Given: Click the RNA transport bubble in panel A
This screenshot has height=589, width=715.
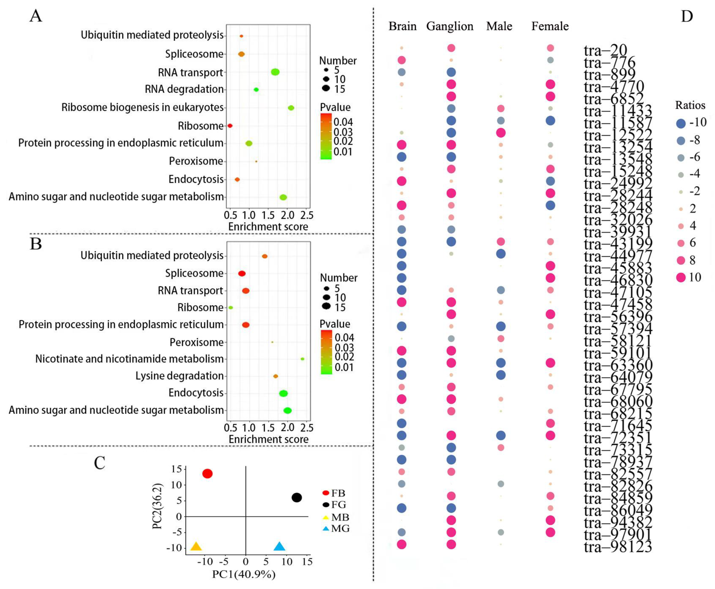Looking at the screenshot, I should [275, 72].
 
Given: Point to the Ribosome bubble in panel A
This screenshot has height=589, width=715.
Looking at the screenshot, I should [230, 125].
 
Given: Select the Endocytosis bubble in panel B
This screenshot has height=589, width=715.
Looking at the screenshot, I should [283, 393].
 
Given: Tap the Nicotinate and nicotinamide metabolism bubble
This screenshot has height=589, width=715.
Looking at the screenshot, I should [302, 359].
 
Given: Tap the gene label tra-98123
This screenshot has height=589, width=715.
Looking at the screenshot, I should [618, 547].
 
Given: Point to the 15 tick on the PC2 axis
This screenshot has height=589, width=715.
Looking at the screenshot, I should [176, 469].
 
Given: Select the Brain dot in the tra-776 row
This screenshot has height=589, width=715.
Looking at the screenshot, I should [401, 60].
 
